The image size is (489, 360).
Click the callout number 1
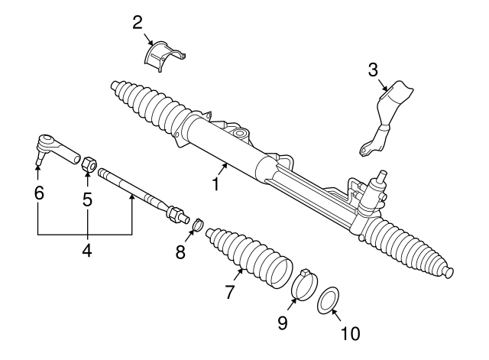[215, 184]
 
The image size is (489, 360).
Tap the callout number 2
[138, 21]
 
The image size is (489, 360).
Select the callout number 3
[373, 70]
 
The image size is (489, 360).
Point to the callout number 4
[87, 250]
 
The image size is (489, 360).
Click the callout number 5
[87, 200]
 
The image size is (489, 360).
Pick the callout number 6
[38, 193]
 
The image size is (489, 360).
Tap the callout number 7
[228, 291]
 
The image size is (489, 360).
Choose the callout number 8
[180, 252]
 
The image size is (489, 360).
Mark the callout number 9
[283, 323]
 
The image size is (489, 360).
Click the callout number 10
[350, 333]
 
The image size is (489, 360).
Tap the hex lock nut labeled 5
[88, 163]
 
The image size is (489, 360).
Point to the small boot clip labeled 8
[197, 225]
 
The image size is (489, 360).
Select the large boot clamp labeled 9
[304, 285]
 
